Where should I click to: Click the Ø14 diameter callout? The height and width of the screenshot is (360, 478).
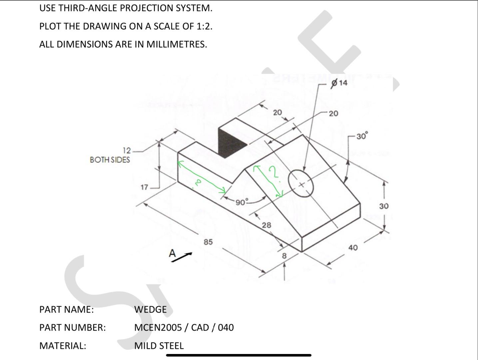[339, 83]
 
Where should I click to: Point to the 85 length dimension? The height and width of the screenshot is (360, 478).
[208, 242]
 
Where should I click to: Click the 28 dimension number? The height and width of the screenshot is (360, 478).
[266, 225]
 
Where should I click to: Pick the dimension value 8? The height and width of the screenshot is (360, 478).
[284, 256]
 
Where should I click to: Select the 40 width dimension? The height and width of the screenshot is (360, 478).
[353, 248]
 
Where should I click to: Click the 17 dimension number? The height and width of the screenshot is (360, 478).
[144, 187]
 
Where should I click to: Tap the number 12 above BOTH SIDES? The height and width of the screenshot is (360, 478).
[127, 150]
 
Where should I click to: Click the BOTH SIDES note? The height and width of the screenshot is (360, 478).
[110, 160]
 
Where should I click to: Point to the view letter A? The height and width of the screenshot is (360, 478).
[172, 253]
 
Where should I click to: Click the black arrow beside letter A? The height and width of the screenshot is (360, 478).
[183, 257]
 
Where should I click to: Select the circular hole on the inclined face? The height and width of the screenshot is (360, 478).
[301, 184]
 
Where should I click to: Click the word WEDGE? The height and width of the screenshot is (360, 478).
[150, 309]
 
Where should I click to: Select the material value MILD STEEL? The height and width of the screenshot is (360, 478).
[159, 346]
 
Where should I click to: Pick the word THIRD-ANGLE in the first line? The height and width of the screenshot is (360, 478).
[88, 8]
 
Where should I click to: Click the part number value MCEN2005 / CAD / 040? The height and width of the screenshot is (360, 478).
[184, 327]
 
